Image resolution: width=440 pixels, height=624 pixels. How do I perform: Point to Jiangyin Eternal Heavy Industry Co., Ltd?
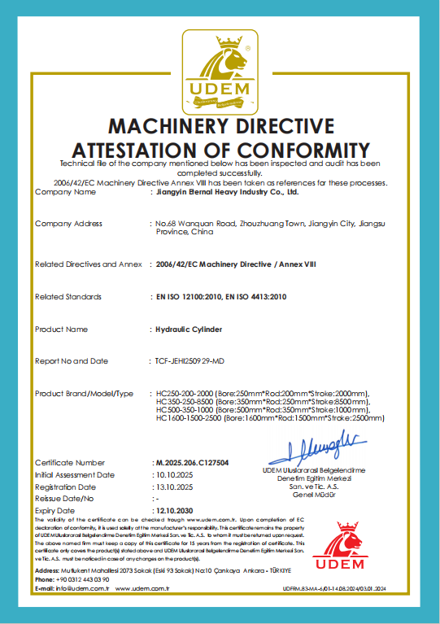227,193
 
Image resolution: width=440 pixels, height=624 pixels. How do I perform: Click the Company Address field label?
69,223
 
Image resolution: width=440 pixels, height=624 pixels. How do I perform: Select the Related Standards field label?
69,297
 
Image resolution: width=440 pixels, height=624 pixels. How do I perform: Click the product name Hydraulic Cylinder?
189,329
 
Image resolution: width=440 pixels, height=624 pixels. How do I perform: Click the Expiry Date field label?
55,510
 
